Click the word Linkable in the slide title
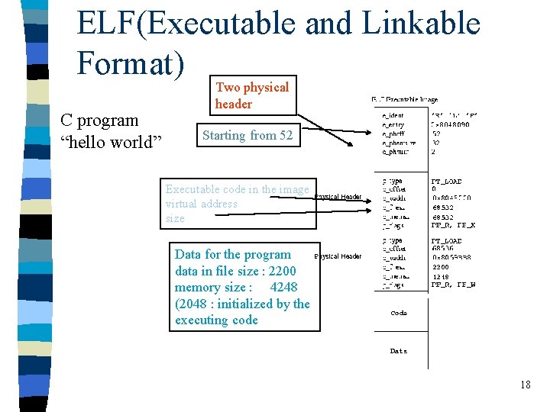click(x=421, y=24)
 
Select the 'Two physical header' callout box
click(x=252, y=95)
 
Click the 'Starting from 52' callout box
click(x=247, y=136)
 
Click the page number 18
click(x=525, y=385)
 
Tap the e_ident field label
click(x=393, y=115)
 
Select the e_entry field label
click(x=393, y=124)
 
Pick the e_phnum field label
click(x=395, y=152)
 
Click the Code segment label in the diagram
click(x=399, y=313)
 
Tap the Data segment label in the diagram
click(x=399, y=351)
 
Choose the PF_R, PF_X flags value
click(x=452, y=227)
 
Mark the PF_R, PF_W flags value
click(x=452, y=285)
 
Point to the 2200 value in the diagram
click(x=441, y=267)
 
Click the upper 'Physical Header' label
click(x=338, y=197)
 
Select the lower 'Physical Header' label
click(x=338, y=256)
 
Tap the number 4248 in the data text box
click(x=283, y=287)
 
